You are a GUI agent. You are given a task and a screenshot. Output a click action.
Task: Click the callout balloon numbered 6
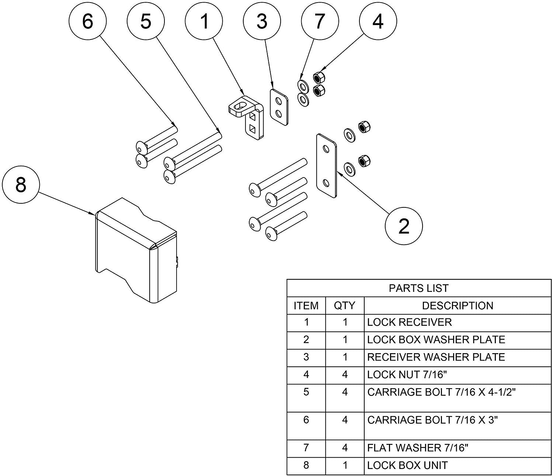tap(88, 22)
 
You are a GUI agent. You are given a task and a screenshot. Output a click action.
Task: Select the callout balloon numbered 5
tap(146, 22)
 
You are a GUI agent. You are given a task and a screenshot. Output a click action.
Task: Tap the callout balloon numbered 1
tap(204, 22)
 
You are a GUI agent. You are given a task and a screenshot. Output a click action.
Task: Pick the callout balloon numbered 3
tap(262, 22)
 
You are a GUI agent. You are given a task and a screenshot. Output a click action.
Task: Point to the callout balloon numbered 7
tap(320, 22)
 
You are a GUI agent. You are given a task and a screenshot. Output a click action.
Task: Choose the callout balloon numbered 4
tap(378, 22)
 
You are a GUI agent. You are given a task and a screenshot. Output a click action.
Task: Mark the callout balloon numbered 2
tap(404, 226)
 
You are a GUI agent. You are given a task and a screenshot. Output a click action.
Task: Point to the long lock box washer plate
tap(327, 166)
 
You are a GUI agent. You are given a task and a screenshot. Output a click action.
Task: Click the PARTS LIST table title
tap(419, 288)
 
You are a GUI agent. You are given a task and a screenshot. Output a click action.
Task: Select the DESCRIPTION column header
tap(457, 306)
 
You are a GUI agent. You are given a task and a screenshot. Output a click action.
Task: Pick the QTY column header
tap(345, 306)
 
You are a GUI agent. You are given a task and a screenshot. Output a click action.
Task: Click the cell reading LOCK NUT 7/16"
tap(407, 375)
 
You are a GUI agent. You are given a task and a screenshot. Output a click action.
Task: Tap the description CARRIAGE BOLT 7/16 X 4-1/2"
tap(441, 392)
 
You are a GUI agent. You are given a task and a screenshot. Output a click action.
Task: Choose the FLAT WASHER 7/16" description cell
tap(418, 448)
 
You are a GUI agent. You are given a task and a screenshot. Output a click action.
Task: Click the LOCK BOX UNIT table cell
tap(407, 466)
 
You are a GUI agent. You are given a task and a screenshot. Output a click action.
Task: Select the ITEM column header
tap(306, 306)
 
